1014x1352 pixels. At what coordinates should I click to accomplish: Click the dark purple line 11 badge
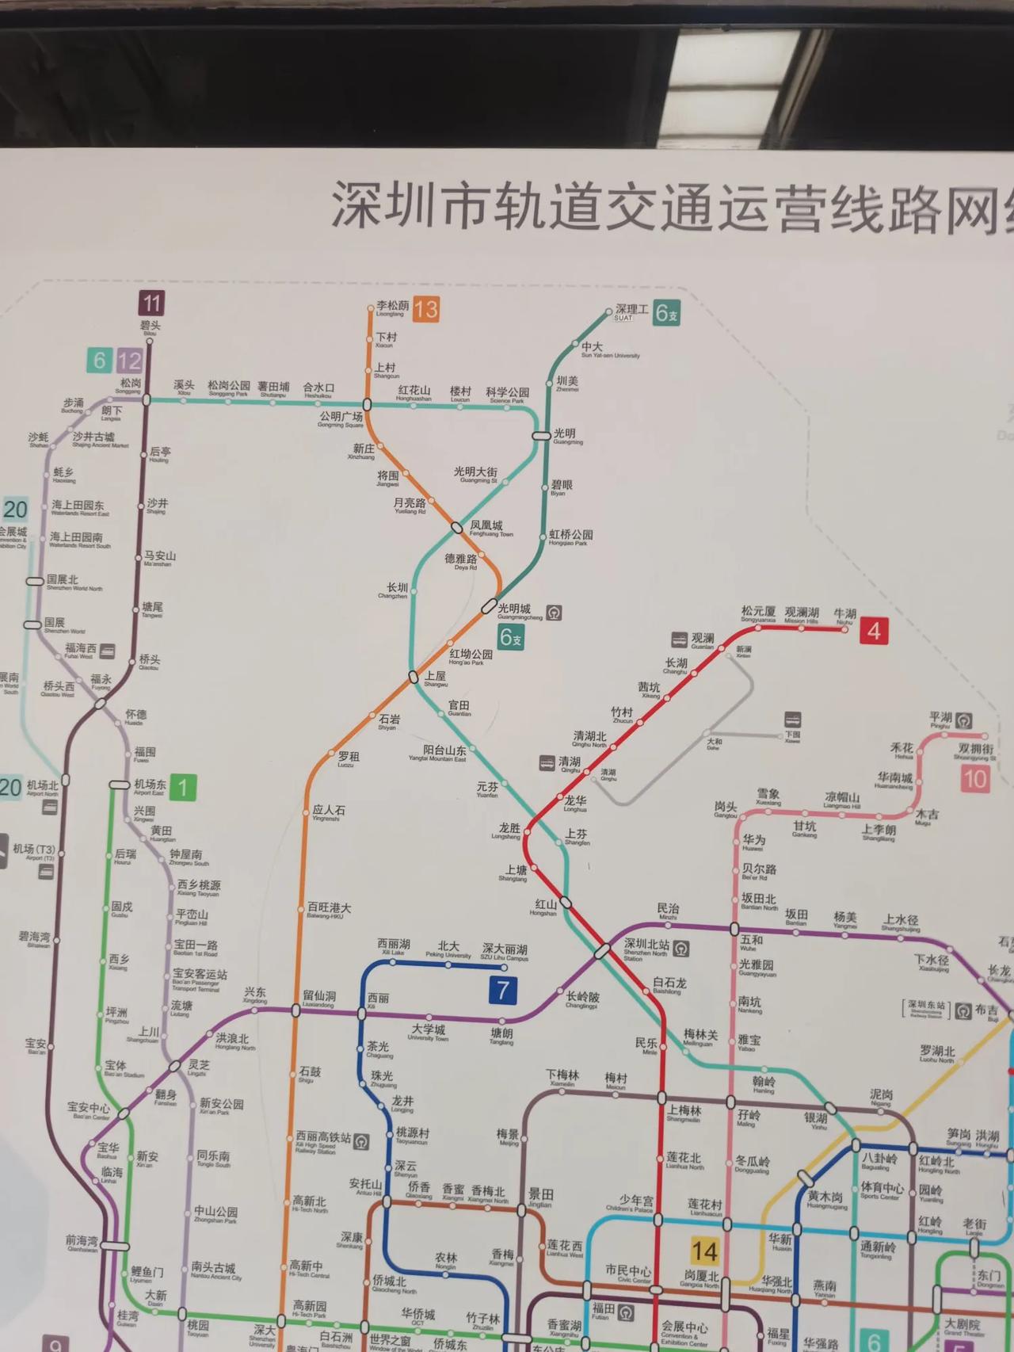click(151, 303)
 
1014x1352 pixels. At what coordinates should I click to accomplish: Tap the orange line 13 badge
click(425, 309)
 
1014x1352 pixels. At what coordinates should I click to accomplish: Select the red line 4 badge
click(874, 631)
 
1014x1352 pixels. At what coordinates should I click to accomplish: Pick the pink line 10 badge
click(974, 778)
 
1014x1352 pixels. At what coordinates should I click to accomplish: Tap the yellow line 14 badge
click(704, 1251)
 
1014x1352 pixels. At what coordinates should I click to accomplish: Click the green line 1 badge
click(183, 787)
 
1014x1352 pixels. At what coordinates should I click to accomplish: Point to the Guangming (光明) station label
click(566, 435)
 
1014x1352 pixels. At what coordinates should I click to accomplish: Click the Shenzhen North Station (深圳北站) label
click(646, 945)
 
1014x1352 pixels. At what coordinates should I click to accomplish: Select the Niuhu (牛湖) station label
click(844, 615)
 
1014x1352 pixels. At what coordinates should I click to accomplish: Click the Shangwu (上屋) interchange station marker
click(413, 677)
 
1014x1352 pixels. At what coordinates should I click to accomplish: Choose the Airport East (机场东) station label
click(149, 785)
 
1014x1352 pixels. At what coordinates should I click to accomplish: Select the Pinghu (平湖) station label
click(941, 719)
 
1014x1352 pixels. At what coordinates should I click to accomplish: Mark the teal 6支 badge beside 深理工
click(666, 314)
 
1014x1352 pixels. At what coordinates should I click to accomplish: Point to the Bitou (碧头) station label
click(150, 327)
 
